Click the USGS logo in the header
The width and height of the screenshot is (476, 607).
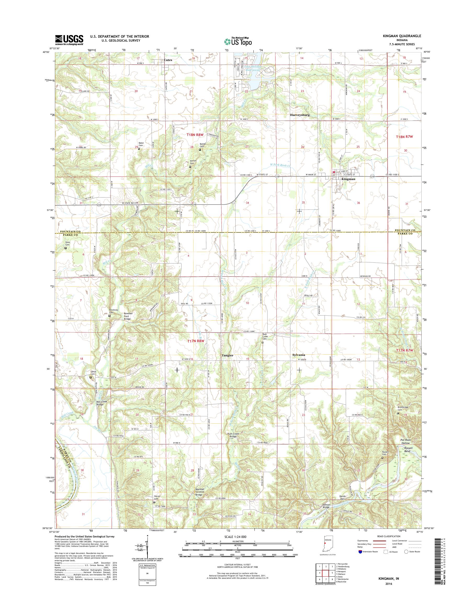tap(69, 40)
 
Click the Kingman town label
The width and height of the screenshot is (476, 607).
tap(345, 180)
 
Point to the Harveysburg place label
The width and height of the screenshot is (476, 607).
tap(299, 115)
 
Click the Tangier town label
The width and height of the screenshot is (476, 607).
tap(228, 356)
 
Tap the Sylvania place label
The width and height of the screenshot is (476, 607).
tap(299, 355)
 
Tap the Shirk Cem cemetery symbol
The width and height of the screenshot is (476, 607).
tap(66, 248)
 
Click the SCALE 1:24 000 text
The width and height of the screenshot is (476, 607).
tap(234, 544)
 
